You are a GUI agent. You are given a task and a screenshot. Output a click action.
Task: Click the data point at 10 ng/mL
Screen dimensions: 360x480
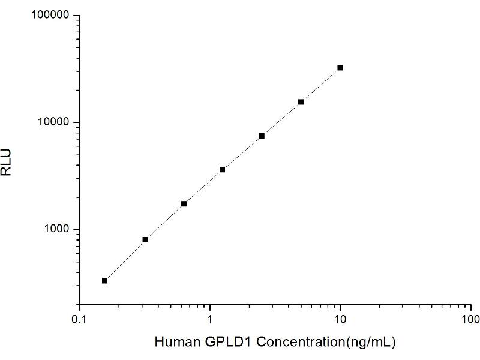[x=340, y=68]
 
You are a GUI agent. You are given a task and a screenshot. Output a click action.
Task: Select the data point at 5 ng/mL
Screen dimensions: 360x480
[x=301, y=102]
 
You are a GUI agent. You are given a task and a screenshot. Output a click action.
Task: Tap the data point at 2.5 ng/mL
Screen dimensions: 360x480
[x=262, y=136]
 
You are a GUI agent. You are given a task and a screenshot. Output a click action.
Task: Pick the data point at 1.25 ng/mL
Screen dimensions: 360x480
[x=222, y=170]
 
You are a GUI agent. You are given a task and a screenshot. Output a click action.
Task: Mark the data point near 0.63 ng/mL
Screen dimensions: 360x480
[x=184, y=204]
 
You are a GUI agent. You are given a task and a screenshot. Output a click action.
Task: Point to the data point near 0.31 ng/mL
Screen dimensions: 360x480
[x=145, y=240]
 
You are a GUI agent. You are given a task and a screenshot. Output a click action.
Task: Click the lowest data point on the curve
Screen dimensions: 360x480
[x=105, y=281]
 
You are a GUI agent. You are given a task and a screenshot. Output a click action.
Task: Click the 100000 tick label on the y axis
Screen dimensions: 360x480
[x=50, y=15]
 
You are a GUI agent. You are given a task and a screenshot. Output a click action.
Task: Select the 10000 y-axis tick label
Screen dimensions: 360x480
[x=53, y=122]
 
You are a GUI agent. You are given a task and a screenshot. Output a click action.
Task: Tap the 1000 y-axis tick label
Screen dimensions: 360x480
[x=56, y=230]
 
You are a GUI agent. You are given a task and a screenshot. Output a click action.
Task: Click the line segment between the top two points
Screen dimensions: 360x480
[x=320, y=85]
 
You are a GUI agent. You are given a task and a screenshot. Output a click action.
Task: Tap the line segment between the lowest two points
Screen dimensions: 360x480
[x=125, y=260]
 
